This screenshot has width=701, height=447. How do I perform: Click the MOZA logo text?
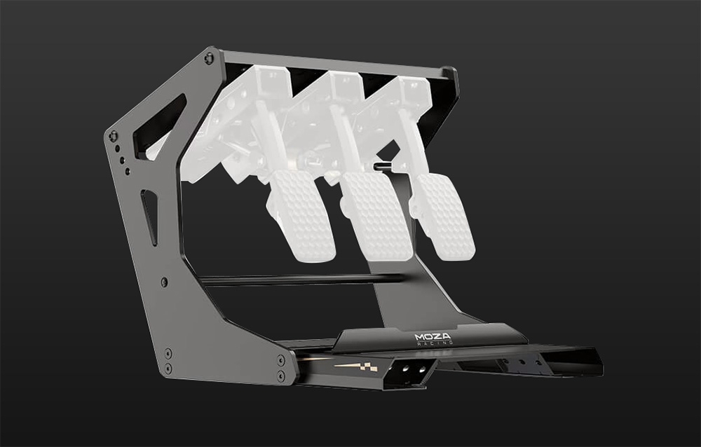pos(433,336)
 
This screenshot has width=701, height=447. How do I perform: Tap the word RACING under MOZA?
pos(435,343)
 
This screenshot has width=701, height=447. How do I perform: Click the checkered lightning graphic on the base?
pos(356,367)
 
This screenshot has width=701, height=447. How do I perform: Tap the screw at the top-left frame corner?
pos(209,58)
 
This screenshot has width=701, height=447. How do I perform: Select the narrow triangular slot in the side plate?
pos(151,216)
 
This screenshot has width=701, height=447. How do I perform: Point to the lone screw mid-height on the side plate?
pos(164,282)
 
